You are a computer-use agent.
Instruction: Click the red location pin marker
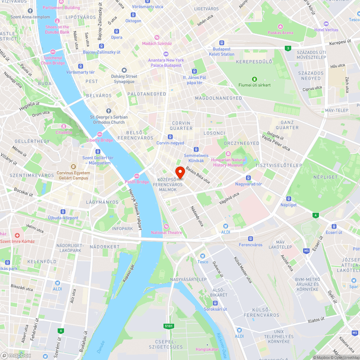(180, 172)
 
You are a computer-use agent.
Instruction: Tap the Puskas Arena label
(280, 33)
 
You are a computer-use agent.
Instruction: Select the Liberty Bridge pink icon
(100, 134)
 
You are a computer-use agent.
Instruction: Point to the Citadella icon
(64, 126)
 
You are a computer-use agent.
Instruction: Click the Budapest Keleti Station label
(221, 51)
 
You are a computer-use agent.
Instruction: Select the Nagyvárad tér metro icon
(248, 178)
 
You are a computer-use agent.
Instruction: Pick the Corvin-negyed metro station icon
(170, 137)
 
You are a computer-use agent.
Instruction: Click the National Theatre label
(166, 233)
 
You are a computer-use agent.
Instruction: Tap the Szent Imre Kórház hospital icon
(17, 235)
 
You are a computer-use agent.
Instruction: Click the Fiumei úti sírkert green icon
(255, 79)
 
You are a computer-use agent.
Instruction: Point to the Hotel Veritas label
(326, 30)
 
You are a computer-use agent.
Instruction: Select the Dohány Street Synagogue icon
(124, 70)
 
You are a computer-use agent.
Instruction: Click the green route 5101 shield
(168, 326)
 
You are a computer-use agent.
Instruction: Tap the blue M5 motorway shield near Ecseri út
(306, 251)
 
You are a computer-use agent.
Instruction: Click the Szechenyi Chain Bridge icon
(53, 51)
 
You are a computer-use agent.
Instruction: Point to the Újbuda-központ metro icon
(63, 212)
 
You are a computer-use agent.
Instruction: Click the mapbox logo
(15, 356)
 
